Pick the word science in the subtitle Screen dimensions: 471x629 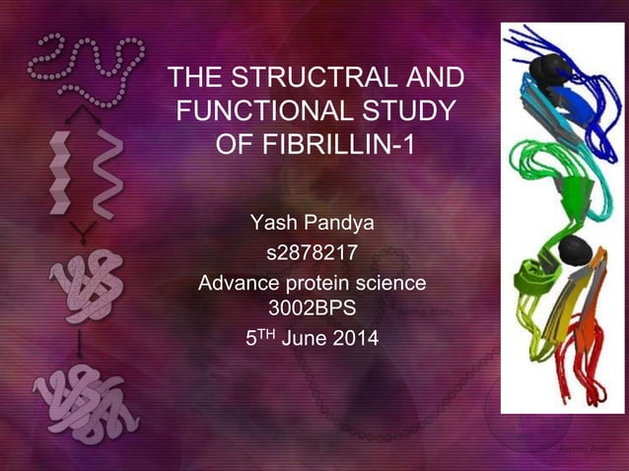[x=393, y=285]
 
